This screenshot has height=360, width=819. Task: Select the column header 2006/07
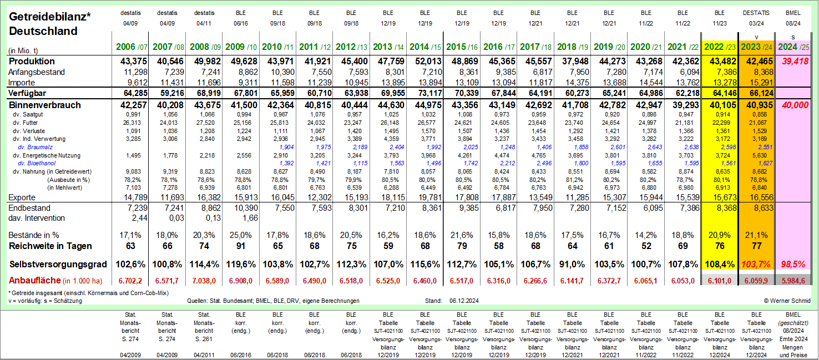(131, 47)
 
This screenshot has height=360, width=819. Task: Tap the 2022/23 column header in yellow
(719, 47)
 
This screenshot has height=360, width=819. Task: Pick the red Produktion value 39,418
(792, 61)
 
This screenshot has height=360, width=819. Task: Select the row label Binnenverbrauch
(45, 105)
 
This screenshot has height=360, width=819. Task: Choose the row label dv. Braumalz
(36, 147)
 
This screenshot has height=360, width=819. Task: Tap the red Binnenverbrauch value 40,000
(792, 105)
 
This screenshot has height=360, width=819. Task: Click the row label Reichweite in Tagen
(50, 246)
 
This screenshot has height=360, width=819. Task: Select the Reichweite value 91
(241, 246)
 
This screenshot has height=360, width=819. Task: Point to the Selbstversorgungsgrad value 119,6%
(241, 263)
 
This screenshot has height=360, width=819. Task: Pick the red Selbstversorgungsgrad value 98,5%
(792, 263)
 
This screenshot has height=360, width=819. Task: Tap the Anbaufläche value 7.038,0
(205, 281)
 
